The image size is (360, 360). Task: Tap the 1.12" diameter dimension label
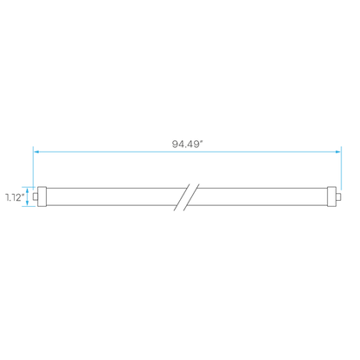(x=15, y=197)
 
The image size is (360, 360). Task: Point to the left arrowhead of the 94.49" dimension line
(x=36, y=151)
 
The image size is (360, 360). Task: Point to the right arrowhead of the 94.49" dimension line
(x=337, y=151)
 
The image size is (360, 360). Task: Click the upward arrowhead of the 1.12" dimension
(x=28, y=190)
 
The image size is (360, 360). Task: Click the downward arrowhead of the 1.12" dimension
(x=28, y=203)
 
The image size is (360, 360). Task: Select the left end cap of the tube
(x=42, y=196)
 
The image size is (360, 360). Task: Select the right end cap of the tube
(x=331, y=196)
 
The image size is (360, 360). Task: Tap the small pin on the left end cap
(x=35, y=196)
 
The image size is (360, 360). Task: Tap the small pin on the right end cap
(x=338, y=196)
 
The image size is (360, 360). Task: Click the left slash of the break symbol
(x=182, y=197)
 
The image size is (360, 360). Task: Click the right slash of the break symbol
(x=191, y=197)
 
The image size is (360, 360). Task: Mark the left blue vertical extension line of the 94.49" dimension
(x=34, y=168)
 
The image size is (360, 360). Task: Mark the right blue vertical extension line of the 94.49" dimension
(x=341, y=168)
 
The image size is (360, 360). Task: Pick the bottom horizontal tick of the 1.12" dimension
(x=29, y=206)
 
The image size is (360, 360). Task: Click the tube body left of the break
(x=112, y=196)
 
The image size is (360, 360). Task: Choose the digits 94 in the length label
(x=177, y=145)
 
